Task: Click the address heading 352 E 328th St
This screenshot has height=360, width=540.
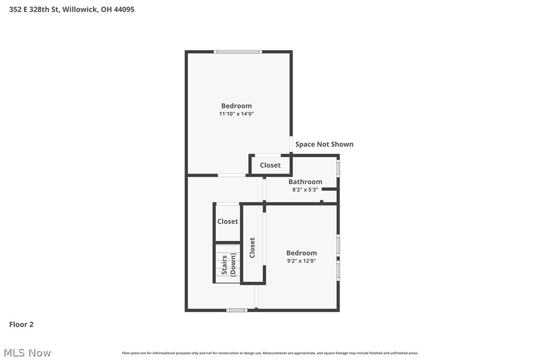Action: coord(72,9)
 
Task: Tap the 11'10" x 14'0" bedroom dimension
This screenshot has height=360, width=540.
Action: coord(236,114)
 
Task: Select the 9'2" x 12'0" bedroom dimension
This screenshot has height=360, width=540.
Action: coord(301,261)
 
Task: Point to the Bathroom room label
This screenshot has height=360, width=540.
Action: coord(305,181)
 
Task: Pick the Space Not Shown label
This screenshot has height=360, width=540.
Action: coord(324,144)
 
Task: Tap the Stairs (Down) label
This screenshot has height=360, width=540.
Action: coord(229,265)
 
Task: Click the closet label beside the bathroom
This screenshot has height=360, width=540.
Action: coord(270,165)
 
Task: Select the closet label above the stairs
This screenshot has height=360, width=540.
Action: coord(228,221)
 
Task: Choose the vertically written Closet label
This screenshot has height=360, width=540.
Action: coord(252,248)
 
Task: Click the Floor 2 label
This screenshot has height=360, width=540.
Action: coord(21,325)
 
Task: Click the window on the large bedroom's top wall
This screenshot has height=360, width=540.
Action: coord(238,51)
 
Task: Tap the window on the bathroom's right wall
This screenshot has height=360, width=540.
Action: coord(338,168)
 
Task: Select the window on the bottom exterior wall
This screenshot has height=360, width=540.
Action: coord(237,310)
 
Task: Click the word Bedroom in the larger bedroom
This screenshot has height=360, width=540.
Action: coord(236,105)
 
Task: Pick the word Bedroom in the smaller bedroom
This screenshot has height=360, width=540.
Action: coord(301,253)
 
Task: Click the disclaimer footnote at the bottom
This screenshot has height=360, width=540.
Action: coord(270,353)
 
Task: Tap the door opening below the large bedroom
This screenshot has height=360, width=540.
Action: coord(232,175)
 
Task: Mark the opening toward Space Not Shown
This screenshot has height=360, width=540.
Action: coord(291,144)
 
